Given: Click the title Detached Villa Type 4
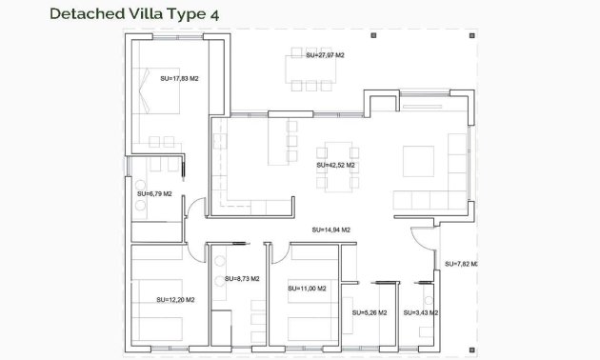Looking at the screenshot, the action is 134,14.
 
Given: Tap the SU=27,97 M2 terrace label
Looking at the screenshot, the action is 325,55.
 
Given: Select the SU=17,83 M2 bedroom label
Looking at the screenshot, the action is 179,79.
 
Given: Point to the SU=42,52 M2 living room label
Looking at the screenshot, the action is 335,166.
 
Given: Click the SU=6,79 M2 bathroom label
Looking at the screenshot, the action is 154,194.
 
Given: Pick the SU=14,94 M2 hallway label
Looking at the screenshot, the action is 331,230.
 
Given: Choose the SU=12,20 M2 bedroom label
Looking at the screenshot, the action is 175,300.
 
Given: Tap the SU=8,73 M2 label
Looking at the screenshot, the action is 242,279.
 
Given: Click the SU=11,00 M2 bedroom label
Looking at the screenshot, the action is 307,289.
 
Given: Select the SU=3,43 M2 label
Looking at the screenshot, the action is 421,313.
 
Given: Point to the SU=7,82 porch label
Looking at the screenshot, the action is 461,264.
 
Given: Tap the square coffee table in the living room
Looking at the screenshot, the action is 418,161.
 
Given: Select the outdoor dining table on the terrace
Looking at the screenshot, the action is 310,70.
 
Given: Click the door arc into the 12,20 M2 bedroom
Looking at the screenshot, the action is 196,254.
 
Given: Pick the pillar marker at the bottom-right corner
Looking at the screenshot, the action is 471,350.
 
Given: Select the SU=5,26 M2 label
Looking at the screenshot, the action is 370,313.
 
